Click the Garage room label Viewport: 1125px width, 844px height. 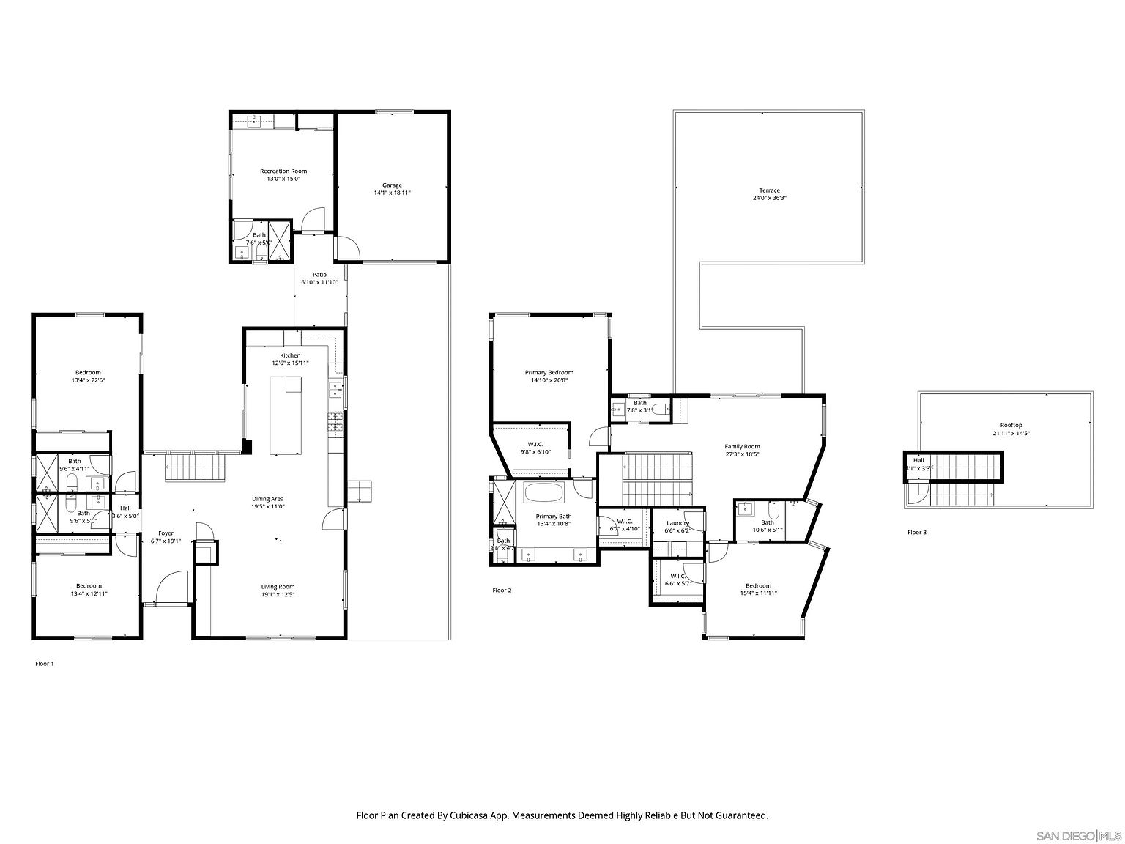point(392,185)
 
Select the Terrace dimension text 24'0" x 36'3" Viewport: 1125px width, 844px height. point(769,198)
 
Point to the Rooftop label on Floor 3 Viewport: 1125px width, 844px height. point(1011,426)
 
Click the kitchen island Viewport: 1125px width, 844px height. point(286,415)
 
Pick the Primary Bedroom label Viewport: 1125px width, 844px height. point(549,372)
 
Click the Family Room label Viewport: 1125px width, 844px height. point(742,446)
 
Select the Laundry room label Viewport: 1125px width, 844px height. point(677,523)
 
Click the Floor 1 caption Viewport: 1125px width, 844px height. point(45,664)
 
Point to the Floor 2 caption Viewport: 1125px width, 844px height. point(502,590)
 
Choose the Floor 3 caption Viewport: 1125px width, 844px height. point(916,533)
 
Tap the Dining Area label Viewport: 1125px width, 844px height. point(267,499)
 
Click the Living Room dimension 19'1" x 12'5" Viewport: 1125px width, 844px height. point(278,594)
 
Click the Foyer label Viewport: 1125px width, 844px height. point(166,533)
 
